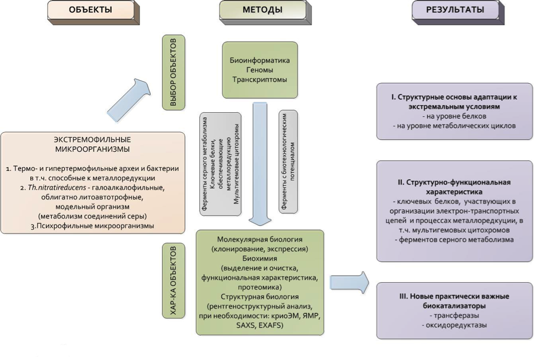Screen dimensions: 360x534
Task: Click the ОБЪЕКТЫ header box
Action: click(91, 10)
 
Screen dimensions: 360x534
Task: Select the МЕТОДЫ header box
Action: click(262, 10)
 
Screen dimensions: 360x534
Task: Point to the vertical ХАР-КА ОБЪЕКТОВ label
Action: click(174, 281)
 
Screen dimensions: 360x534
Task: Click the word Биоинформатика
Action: click(261, 60)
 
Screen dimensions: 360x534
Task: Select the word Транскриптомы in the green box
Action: click(261, 79)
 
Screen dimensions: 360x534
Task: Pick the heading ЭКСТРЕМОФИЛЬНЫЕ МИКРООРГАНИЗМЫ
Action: click(91, 145)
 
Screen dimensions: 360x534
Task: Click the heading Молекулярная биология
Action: click(260, 240)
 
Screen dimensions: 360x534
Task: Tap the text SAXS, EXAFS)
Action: click(260, 327)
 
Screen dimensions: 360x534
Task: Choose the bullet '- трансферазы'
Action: click(453, 316)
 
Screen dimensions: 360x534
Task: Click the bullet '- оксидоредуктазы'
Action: click(453, 325)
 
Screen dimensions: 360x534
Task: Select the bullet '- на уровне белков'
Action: click(453, 117)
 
